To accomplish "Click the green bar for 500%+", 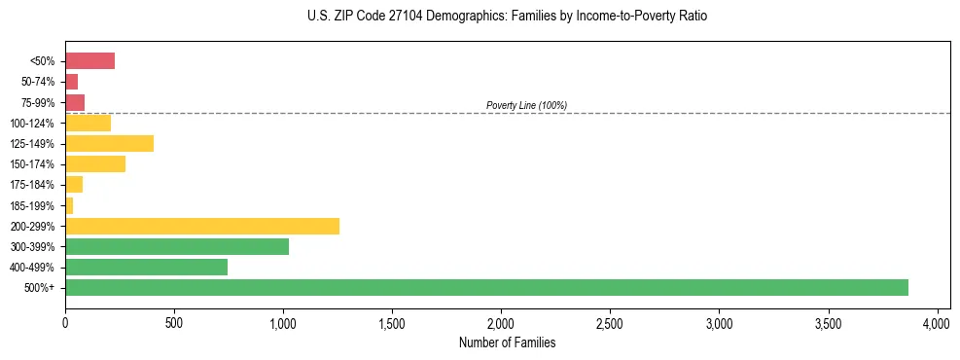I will tap(486, 287).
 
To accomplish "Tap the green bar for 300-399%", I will tap(177, 246).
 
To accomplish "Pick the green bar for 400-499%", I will tap(146, 267).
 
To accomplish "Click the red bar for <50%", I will tap(89, 61).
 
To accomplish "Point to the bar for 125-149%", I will tap(109, 144).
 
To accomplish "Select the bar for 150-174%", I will tap(95, 164).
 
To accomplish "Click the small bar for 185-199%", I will tap(69, 205).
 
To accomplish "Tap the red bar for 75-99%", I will tap(75, 102).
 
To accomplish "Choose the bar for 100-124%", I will tap(88, 124).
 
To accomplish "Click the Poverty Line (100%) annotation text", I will tap(526, 105).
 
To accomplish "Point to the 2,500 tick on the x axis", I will tap(610, 322).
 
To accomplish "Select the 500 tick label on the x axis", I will tap(174, 322).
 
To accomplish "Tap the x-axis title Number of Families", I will tap(501, 342).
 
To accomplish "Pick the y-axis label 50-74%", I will tap(39, 82).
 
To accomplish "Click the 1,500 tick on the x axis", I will tap(392, 322).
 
